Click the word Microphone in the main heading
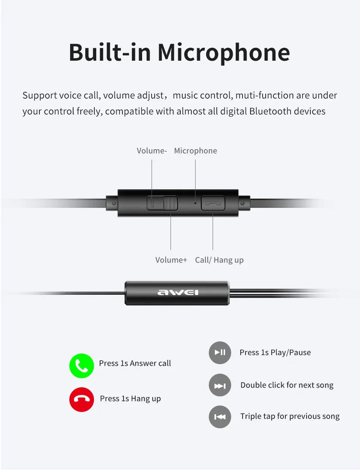click(x=224, y=53)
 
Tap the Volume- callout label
click(x=152, y=151)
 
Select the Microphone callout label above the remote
click(x=196, y=151)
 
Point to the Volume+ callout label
click(x=171, y=260)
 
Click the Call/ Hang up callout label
click(x=219, y=260)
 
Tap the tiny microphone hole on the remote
click(x=195, y=203)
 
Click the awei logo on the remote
click(x=178, y=292)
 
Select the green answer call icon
click(x=81, y=366)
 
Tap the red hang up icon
click(x=81, y=399)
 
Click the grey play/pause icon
click(x=220, y=352)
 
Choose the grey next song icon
click(x=220, y=385)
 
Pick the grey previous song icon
click(x=220, y=417)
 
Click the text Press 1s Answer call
click(x=135, y=363)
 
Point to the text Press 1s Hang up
click(x=130, y=399)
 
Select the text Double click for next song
click(x=287, y=385)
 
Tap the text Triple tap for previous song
click(x=290, y=417)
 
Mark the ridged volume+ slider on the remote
click(x=171, y=203)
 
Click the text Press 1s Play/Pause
click(x=275, y=353)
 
